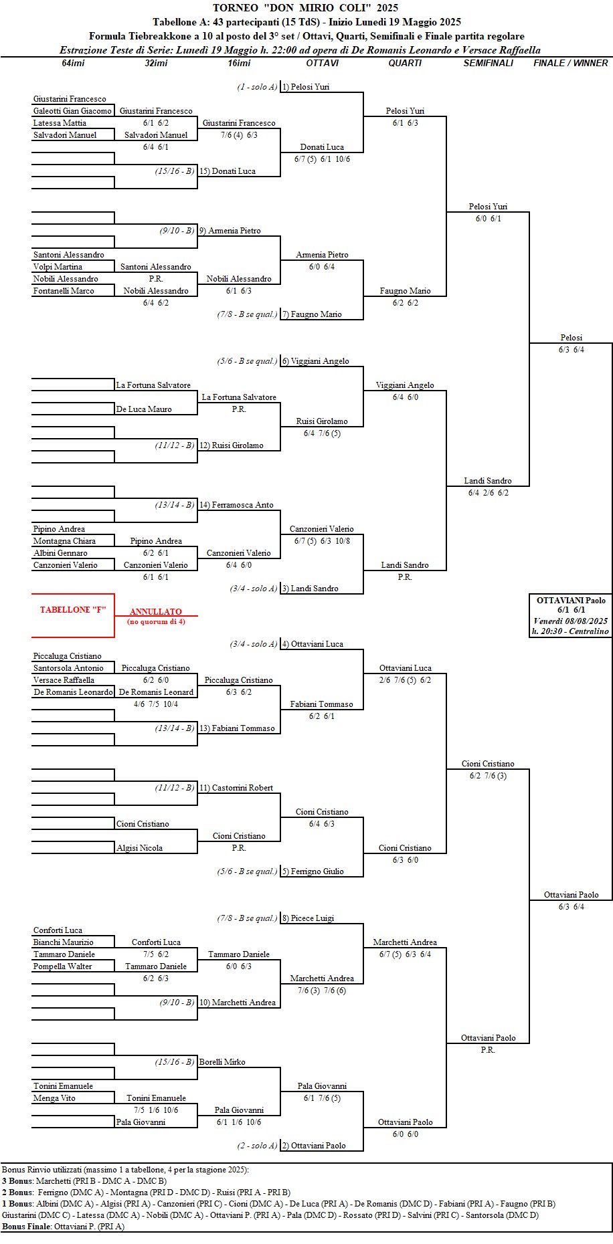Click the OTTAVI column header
coord(322,63)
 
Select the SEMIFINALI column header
coord(489,63)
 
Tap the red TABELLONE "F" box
coord(73,610)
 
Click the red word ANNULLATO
coord(155,611)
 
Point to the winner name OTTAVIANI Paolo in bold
coord(571,601)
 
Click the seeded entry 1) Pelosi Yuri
coord(305,87)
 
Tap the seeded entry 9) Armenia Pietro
coord(230,231)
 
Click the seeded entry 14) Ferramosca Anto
coord(236,505)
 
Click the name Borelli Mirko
coord(222,1062)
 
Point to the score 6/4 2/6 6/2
coord(488,493)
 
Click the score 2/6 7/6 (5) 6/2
coord(405,680)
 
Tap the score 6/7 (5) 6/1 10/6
coord(322,159)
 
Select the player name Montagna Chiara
coord(64,541)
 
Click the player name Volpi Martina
coord(58,267)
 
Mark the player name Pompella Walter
coord(62,966)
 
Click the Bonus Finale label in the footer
coord(26,1227)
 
